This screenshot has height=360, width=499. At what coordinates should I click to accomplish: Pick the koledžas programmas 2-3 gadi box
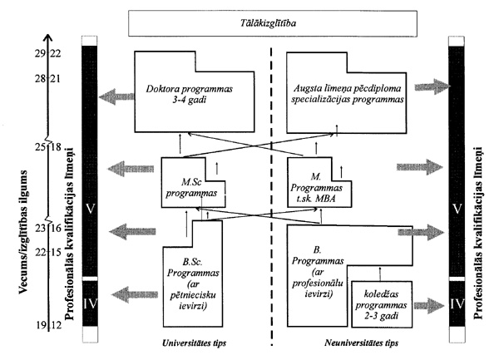[x=379, y=300]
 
